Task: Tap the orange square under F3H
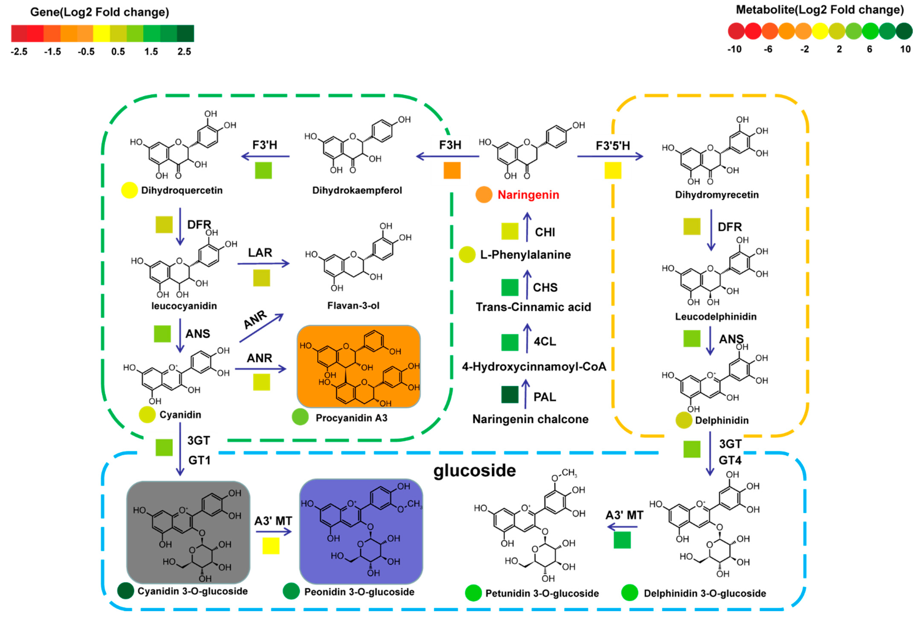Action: [452, 170]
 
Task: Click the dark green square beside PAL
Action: [509, 395]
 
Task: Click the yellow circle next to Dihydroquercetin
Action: [129, 190]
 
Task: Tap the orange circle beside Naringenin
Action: [483, 194]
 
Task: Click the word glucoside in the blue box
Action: [474, 471]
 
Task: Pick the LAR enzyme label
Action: [260, 253]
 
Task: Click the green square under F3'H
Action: [263, 170]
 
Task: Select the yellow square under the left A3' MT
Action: [271, 546]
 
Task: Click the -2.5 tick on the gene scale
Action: [19, 52]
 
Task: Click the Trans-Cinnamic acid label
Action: [533, 307]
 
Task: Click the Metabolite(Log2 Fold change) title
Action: [819, 10]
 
